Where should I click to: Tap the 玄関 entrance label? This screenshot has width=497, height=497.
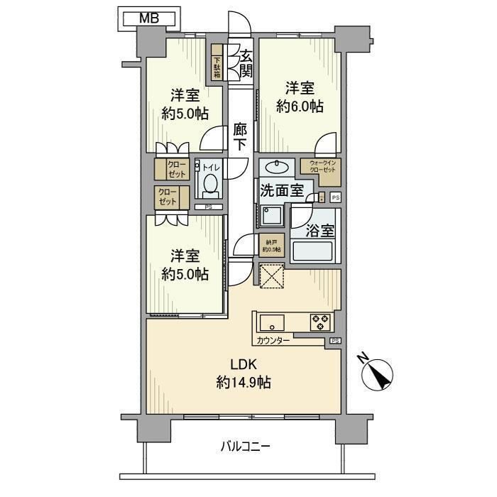(246, 62)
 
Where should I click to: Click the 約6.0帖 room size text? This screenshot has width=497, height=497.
(300, 106)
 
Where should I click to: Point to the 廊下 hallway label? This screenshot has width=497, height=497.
(241, 137)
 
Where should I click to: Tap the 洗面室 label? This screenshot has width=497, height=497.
(282, 190)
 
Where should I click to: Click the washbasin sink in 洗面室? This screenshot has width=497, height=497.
(275, 167)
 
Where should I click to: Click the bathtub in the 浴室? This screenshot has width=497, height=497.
(313, 251)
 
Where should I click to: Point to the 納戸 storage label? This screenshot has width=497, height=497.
(271, 245)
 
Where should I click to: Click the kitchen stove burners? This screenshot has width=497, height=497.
(319, 322)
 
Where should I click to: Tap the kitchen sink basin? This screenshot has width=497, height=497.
(271, 322)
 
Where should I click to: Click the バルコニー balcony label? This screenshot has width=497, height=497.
(245, 447)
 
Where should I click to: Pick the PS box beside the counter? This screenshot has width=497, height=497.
(334, 342)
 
